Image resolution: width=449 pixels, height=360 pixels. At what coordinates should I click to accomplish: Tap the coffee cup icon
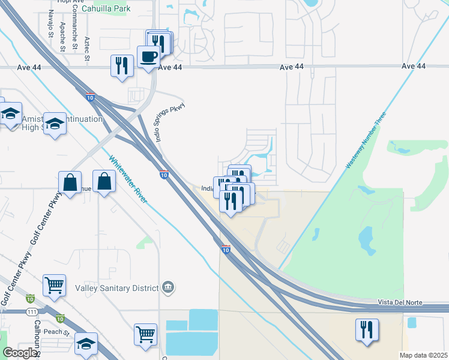pos(148,57)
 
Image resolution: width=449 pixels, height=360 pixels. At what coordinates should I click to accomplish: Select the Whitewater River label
pos(128,179)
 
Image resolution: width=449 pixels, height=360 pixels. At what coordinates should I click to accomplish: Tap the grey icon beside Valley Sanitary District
pos(167,288)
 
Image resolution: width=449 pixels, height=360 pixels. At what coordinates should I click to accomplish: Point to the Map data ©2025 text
pos(423,355)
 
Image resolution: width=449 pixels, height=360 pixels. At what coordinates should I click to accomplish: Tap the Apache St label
pos(62,35)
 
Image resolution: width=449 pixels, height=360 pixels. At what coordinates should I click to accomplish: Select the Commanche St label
pos(74,36)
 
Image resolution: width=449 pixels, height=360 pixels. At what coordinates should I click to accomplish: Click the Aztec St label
pos(87,48)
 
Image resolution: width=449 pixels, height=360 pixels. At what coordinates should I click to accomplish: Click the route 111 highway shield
pos(32,311)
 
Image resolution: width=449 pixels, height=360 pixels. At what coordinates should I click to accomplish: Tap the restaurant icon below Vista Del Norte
pos(367,329)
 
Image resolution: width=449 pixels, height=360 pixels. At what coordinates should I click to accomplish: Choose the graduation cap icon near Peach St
pos(86,345)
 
